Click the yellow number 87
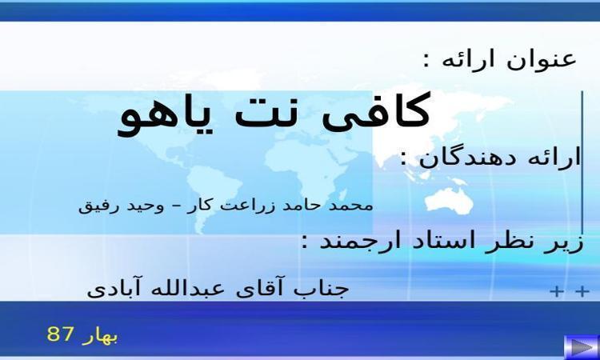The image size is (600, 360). [59, 334]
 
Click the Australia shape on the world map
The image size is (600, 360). [450, 200]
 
